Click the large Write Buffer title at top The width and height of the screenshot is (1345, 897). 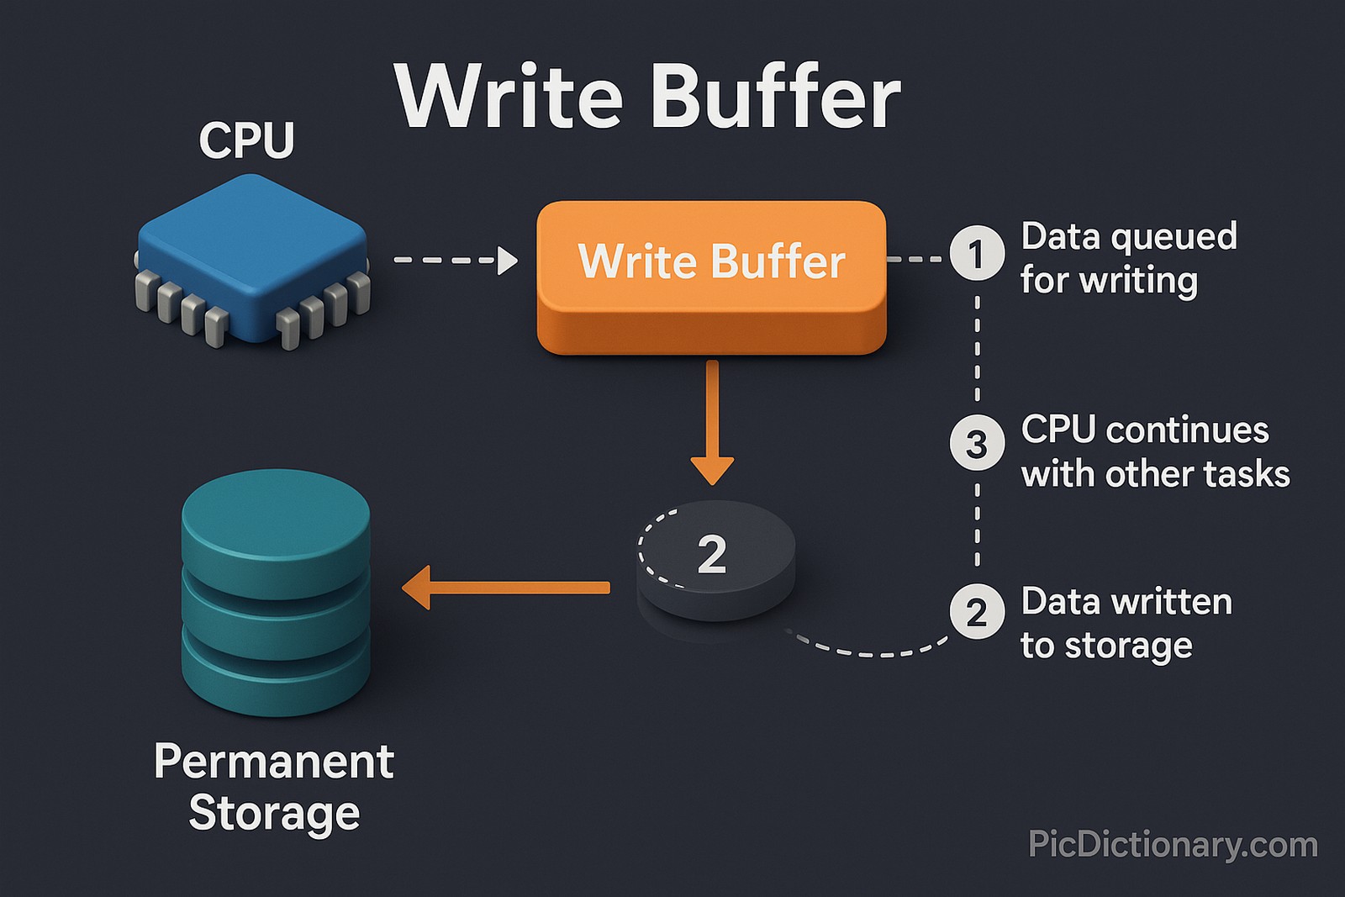tap(647, 97)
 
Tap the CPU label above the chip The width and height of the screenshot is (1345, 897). tap(246, 140)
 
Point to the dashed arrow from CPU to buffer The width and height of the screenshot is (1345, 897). tap(454, 260)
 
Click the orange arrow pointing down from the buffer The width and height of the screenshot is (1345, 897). tap(712, 420)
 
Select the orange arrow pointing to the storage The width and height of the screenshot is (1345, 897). tap(504, 588)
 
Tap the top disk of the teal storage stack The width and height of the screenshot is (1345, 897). tap(276, 521)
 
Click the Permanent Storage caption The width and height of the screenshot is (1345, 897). tap(274, 786)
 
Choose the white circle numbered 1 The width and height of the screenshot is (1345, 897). tap(977, 253)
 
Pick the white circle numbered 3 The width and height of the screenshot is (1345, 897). tap(977, 443)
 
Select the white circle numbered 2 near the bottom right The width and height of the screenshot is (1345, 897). tap(977, 612)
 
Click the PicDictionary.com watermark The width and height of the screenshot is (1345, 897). tap(1173, 844)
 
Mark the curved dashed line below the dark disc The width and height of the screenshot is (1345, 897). tap(874, 653)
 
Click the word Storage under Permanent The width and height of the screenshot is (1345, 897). tap(274, 813)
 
